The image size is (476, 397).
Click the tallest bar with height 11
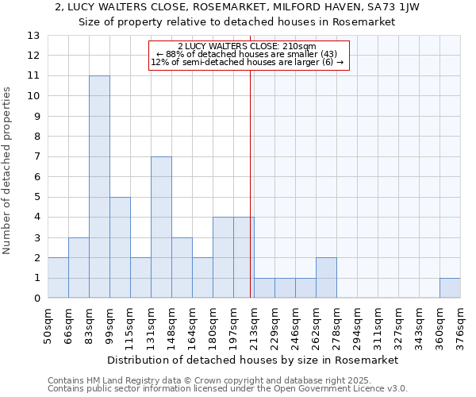click(99, 187)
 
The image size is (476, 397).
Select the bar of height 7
click(161, 227)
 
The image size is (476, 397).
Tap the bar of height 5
click(120, 248)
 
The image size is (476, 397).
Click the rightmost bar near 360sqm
click(450, 288)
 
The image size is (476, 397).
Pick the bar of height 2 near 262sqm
click(326, 278)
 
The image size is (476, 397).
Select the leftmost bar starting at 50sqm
click(58, 278)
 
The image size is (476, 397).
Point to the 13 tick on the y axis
click(33, 36)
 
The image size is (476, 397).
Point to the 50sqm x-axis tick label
click(48, 322)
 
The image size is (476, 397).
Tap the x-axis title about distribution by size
click(254, 360)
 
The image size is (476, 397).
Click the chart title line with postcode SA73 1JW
click(237, 7)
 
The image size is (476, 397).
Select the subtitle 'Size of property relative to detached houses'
click(237, 21)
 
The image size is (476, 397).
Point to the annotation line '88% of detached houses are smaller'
click(247, 54)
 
